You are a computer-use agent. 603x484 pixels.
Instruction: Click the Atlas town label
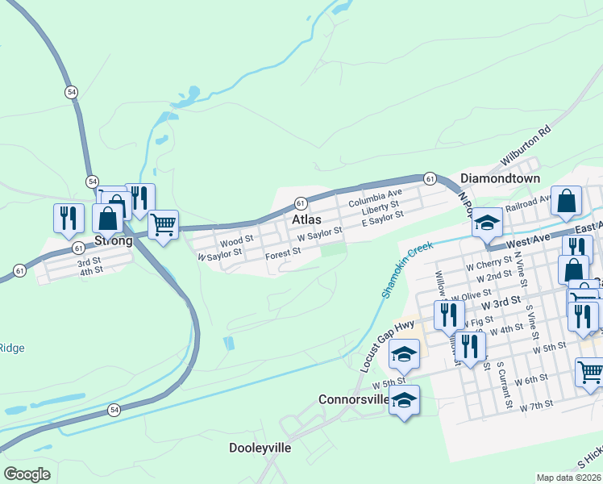coord(306,219)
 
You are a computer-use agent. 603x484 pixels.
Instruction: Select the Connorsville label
coord(355,399)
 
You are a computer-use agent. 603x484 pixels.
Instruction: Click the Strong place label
coord(113,240)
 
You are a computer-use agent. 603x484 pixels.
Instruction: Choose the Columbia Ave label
coord(375,194)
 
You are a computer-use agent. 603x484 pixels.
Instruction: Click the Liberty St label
coord(380,206)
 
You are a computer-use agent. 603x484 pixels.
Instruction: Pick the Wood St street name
coord(236,240)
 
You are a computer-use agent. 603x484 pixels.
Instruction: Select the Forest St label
coord(283,252)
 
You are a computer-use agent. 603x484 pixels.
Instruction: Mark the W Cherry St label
coord(489,263)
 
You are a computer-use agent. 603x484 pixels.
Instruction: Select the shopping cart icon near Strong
coord(163,225)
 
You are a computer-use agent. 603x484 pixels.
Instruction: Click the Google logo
coord(27,474)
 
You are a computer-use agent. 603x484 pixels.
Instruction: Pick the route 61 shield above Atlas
coord(300,202)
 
